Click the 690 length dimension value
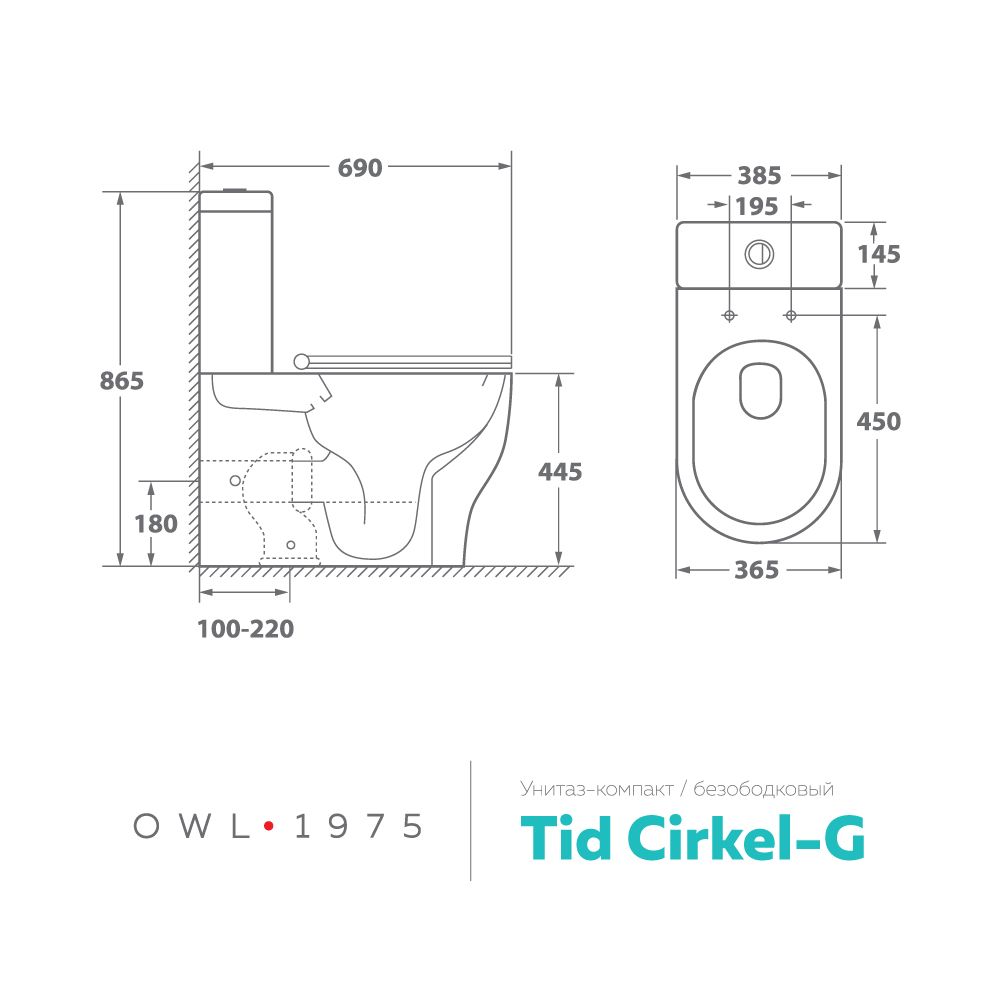point(360,168)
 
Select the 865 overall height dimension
point(122,381)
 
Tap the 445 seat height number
point(560,472)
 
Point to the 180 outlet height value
point(156,524)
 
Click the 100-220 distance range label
point(246,629)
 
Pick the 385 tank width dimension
point(759,175)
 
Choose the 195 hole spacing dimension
point(757,206)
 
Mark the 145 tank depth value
point(879,254)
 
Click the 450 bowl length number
point(879,421)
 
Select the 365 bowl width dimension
point(757,570)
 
